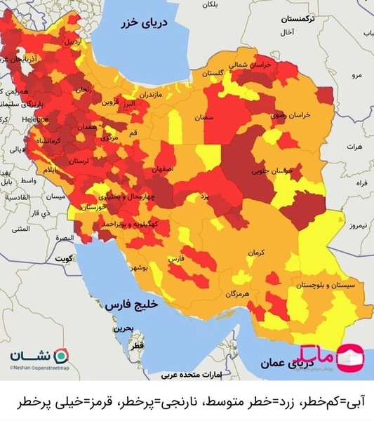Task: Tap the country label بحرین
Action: pyautogui.click(x=123, y=328)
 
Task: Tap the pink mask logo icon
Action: pyautogui.click(x=351, y=358)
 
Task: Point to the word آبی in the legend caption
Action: pyautogui.click(x=358, y=403)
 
